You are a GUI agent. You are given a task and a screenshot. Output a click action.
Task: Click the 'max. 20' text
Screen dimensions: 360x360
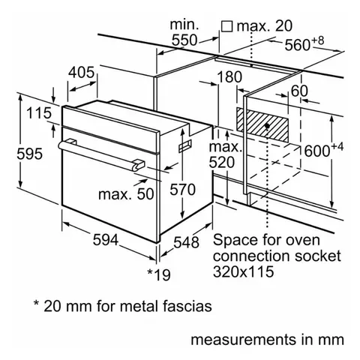pyautogui.click(x=265, y=27)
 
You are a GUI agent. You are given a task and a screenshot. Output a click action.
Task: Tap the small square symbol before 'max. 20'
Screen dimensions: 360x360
pyautogui.click(x=226, y=27)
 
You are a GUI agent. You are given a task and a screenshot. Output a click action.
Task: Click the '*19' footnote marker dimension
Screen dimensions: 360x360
pyautogui.click(x=159, y=274)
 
